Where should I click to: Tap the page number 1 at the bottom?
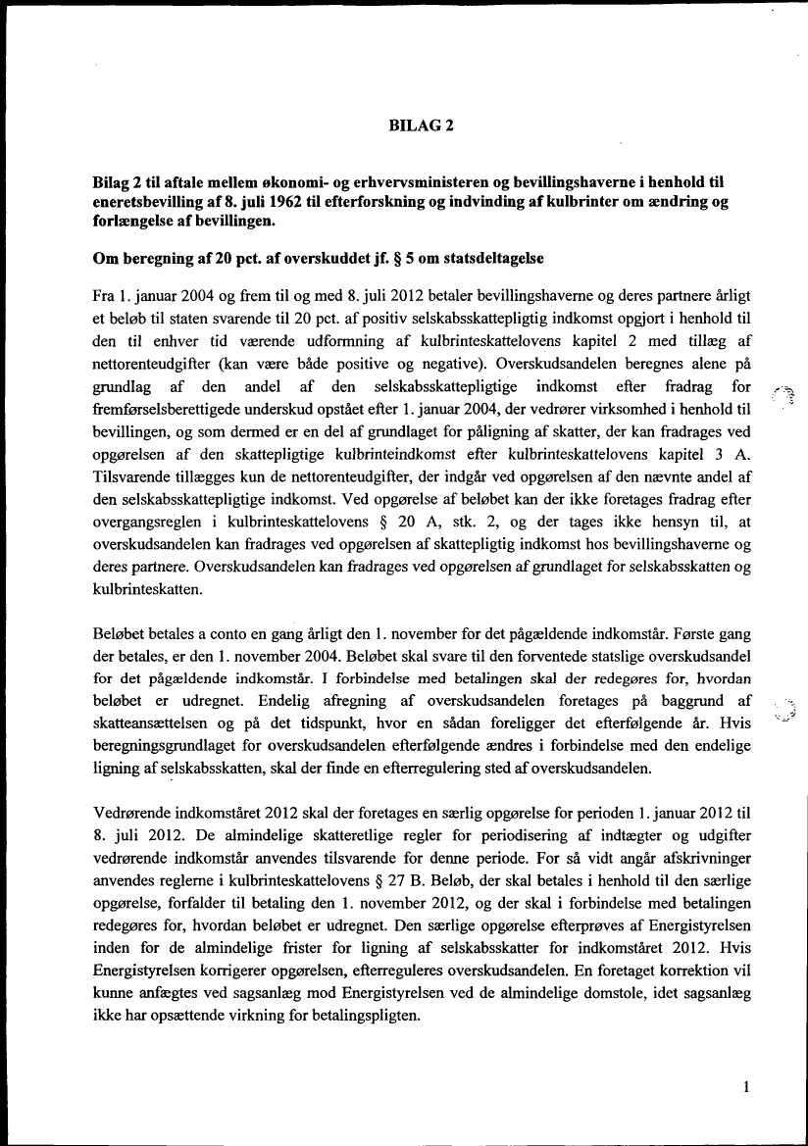click(746, 1087)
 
